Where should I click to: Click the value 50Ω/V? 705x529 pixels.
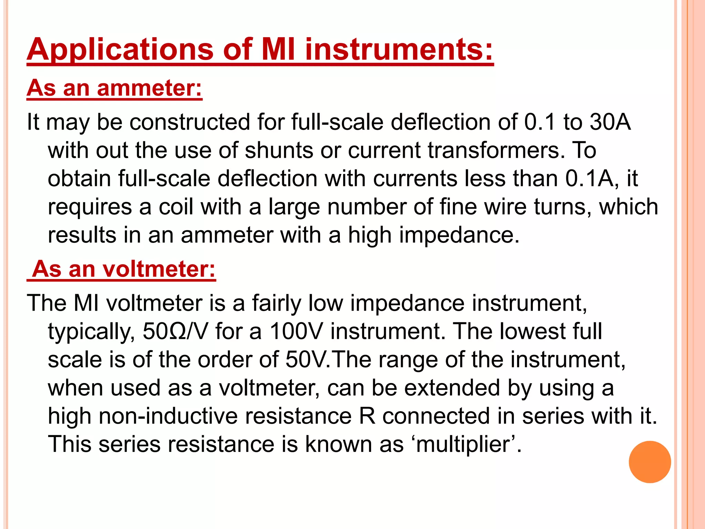point(175,331)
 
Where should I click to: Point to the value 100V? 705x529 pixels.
point(296,331)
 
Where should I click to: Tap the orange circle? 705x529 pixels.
point(650,462)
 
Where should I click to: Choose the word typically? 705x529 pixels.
point(91,332)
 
